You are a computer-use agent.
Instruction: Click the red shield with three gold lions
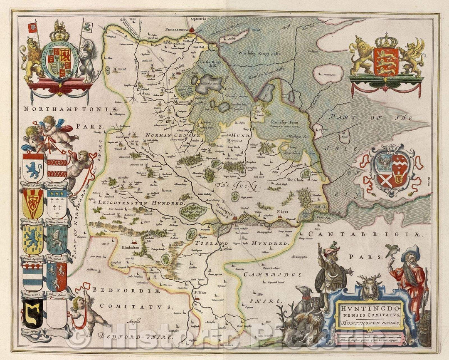387,61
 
